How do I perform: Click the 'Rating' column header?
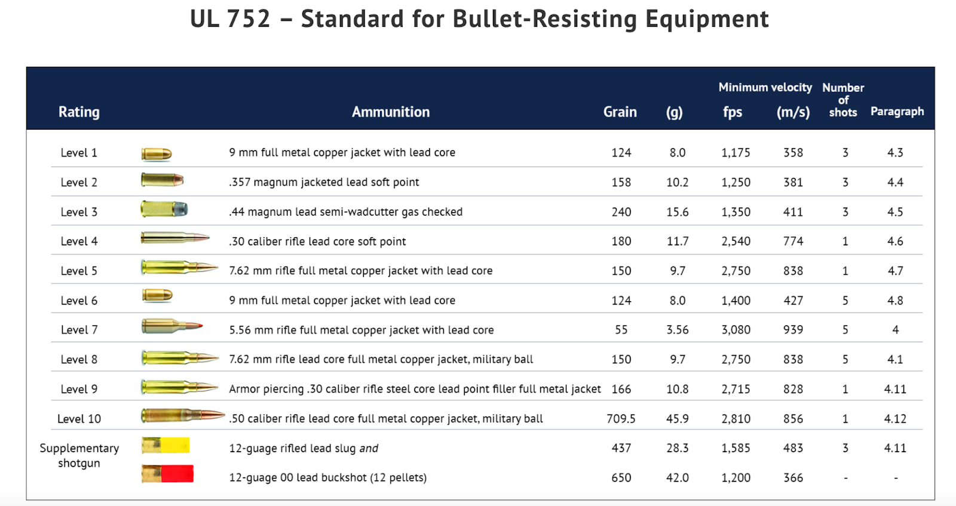79,112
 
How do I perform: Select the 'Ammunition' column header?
391,112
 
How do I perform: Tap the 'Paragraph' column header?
897,111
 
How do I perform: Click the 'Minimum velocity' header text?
765,87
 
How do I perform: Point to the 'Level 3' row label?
79,212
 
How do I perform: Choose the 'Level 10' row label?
79,419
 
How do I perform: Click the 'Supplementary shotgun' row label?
79,455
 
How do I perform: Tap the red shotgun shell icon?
168,474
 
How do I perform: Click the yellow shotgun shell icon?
166,445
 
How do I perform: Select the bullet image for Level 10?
182,416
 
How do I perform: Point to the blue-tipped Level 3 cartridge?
164,209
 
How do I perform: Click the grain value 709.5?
621,419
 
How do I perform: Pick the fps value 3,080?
736,330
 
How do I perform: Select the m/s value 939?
793,330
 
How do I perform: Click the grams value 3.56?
678,330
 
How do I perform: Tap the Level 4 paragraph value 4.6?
895,241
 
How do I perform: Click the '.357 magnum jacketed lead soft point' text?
324,182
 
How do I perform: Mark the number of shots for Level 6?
845,300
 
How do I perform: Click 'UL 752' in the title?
230,19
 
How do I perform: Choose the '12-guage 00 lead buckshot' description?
328,477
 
